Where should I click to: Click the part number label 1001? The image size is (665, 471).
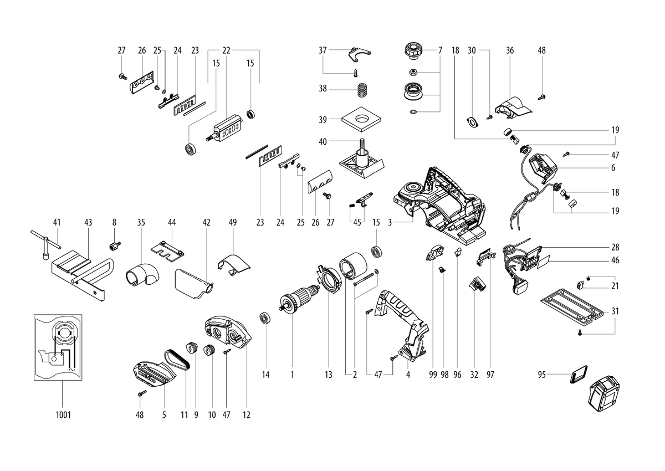pyautogui.click(x=63, y=414)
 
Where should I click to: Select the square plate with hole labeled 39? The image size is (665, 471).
pyautogui.click(x=361, y=119)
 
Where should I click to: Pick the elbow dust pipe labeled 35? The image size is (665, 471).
pyautogui.click(x=142, y=275)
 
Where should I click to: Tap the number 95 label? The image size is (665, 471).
pyautogui.click(x=541, y=375)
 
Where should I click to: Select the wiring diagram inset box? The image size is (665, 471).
pyautogui.click(x=58, y=347)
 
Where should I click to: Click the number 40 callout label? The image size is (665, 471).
pyautogui.click(x=323, y=141)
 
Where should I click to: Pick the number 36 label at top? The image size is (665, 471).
pyautogui.click(x=510, y=50)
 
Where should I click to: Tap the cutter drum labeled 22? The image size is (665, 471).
pyautogui.click(x=225, y=128)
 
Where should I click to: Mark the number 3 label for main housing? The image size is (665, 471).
pyautogui.click(x=390, y=222)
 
